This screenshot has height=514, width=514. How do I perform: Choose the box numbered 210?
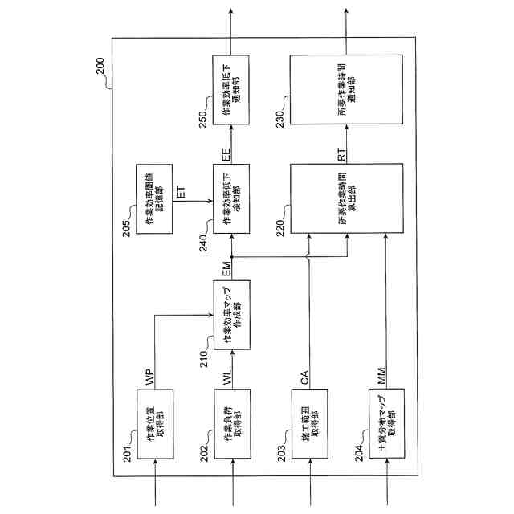tap(233, 315)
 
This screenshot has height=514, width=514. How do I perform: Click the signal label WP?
tap(149, 377)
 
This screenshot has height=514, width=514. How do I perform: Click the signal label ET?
tap(181, 193)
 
